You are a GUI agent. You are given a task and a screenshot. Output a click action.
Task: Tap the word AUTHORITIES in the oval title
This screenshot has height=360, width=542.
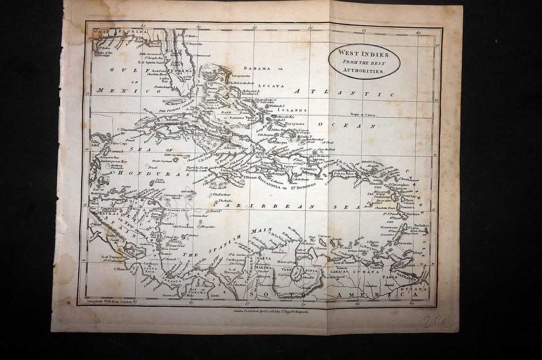[x=364, y=71]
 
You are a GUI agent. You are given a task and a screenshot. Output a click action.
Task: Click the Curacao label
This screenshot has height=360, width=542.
[x=324, y=236]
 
